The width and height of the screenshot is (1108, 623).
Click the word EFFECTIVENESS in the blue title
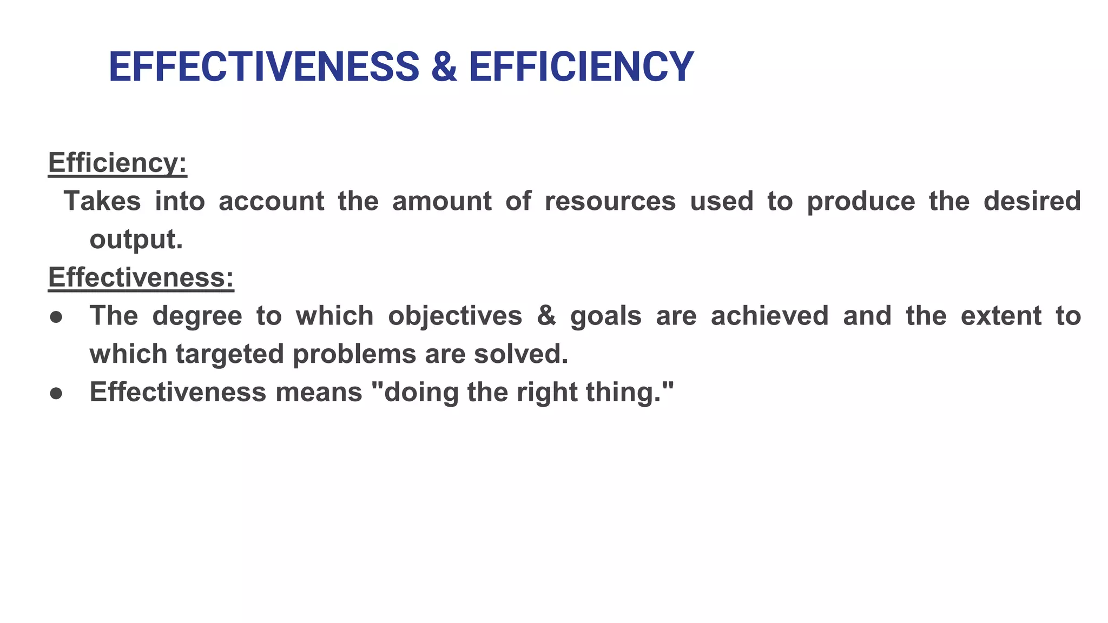[263, 67]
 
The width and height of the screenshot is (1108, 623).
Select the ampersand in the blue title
[444, 67]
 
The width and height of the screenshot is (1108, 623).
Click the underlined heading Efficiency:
[117, 162]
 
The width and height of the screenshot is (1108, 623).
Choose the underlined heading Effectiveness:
[141, 277]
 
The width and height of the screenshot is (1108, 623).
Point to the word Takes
[102, 201]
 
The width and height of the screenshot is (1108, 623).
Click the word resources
[610, 201]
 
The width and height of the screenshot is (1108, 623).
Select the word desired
[1032, 201]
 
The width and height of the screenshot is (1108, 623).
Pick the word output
[136, 240]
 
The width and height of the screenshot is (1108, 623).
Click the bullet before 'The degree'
[56, 316]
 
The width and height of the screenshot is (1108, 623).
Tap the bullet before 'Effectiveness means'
[56, 393]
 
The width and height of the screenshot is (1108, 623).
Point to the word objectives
[455, 316]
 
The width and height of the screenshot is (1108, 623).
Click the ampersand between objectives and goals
[546, 316]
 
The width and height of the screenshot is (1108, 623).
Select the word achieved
[769, 316]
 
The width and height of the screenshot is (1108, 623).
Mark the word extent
[1000, 316]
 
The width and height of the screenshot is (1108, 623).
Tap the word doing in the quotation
[421, 393]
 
